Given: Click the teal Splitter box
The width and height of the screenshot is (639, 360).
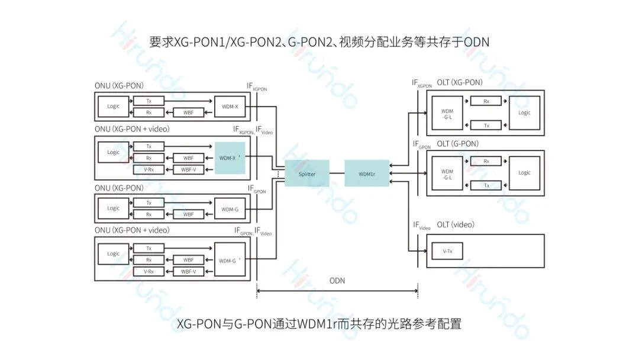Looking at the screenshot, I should (306, 173).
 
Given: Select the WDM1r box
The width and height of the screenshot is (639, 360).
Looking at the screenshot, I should (367, 173).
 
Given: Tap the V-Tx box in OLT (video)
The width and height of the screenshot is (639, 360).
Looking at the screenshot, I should (447, 251).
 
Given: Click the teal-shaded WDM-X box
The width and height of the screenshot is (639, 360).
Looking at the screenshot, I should (230, 158).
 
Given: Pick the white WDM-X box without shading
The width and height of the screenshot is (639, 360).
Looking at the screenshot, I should (229, 107).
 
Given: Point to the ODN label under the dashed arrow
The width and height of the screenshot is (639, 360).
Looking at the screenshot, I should (337, 281).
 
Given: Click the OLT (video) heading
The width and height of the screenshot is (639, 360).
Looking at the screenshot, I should (456, 225).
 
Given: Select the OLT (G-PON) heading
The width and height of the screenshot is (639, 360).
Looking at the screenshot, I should (457, 144).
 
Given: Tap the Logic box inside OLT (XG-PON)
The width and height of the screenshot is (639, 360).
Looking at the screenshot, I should (524, 112).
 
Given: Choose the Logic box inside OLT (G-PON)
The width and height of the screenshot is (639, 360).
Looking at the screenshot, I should (524, 173).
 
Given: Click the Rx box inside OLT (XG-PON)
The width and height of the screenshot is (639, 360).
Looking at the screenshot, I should (486, 101).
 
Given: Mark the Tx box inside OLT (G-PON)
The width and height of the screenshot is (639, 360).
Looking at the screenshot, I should (486, 185).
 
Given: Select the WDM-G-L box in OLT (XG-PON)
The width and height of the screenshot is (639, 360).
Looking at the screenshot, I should (447, 112).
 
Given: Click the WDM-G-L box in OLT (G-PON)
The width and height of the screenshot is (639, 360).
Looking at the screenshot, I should (447, 173).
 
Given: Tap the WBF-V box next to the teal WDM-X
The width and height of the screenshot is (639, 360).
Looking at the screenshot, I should (189, 170).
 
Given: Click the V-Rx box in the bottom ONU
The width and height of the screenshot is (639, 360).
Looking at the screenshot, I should (149, 271).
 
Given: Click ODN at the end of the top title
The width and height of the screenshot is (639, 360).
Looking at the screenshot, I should (477, 42).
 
